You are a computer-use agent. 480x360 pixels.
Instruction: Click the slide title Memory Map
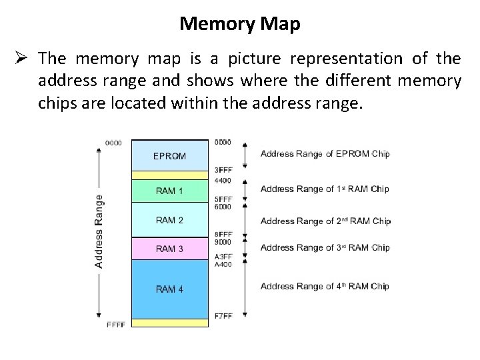tap(239, 25)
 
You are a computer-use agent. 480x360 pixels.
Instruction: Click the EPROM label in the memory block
tap(170, 156)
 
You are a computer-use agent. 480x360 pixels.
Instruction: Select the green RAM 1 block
tap(169, 191)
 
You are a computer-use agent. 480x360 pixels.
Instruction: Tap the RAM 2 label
tap(169, 220)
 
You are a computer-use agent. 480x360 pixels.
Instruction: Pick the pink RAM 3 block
tap(169, 249)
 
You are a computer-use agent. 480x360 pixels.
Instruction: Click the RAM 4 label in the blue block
tap(169, 289)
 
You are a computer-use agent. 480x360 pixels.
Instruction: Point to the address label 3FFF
tap(223, 170)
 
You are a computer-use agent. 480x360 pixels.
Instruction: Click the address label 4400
tap(223, 181)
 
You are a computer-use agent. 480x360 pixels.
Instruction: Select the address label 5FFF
tap(223, 199)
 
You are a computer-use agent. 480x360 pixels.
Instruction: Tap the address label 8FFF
tap(223, 234)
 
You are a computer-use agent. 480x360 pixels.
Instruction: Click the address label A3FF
tap(223, 257)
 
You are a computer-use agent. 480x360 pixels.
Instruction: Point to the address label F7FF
tap(223, 315)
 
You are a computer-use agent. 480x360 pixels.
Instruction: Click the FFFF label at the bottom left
tap(116, 324)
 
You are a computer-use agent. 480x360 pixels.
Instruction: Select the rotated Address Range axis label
tap(99, 231)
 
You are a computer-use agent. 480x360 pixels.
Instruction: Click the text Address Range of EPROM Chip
tap(325, 154)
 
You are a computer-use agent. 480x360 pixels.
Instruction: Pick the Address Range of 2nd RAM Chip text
tap(325, 221)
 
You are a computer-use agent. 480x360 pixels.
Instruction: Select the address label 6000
tap(223, 207)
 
